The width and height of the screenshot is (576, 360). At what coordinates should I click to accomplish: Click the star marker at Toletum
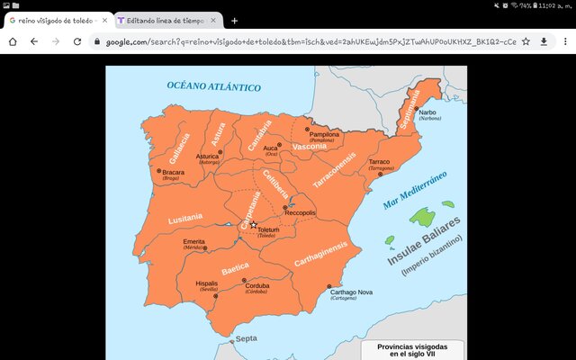(x=254, y=224)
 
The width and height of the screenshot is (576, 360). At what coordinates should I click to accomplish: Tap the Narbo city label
(x=427, y=112)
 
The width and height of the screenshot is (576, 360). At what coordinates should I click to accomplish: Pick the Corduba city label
(x=257, y=286)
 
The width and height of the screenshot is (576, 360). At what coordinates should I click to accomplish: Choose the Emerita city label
(x=194, y=242)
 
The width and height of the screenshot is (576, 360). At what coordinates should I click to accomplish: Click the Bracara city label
(x=174, y=171)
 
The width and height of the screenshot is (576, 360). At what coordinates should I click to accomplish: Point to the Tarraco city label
(x=380, y=162)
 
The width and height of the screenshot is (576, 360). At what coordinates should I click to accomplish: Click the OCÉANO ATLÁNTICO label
(x=213, y=86)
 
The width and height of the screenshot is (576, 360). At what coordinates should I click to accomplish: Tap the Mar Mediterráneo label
(x=414, y=190)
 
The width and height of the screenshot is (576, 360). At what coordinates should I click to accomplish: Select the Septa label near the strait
(x=246, y=338)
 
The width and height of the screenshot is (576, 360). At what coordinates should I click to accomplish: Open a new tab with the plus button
(x=235, y=21)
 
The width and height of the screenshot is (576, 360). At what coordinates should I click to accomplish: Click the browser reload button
(x=77, y=41)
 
